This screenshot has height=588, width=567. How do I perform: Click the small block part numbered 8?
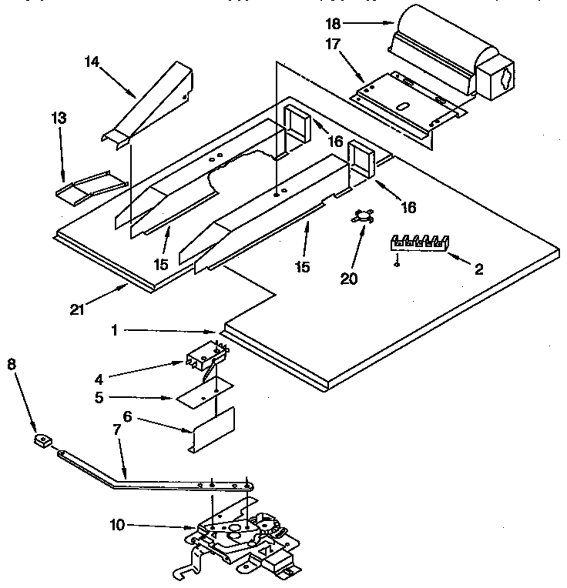point(42,440)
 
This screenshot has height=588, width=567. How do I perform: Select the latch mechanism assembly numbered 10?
point(239,539)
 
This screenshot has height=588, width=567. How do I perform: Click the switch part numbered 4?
point(206,356)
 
